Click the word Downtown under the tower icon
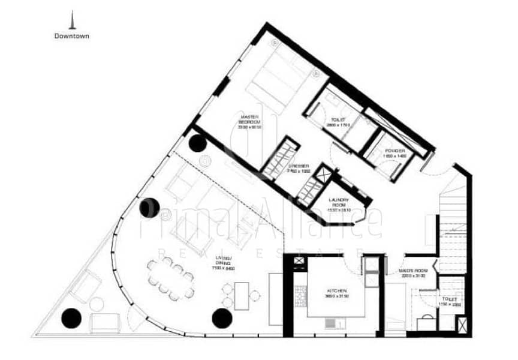(x=72, y=35)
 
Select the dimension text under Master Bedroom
(x=249, y=127)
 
